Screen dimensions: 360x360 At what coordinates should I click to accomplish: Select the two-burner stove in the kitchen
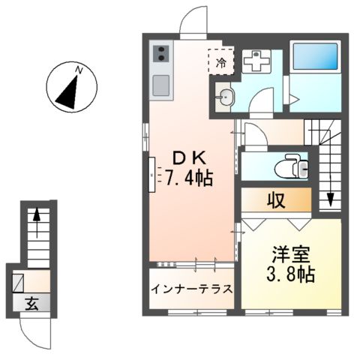tap(161, 54)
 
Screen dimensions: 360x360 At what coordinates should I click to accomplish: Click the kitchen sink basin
tap(161, 85)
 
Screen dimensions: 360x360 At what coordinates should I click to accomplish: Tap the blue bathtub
tap(315, 58)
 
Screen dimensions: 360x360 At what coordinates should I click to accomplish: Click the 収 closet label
tap(275, 200)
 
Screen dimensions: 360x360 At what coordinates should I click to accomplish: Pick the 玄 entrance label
tap(34, 304)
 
